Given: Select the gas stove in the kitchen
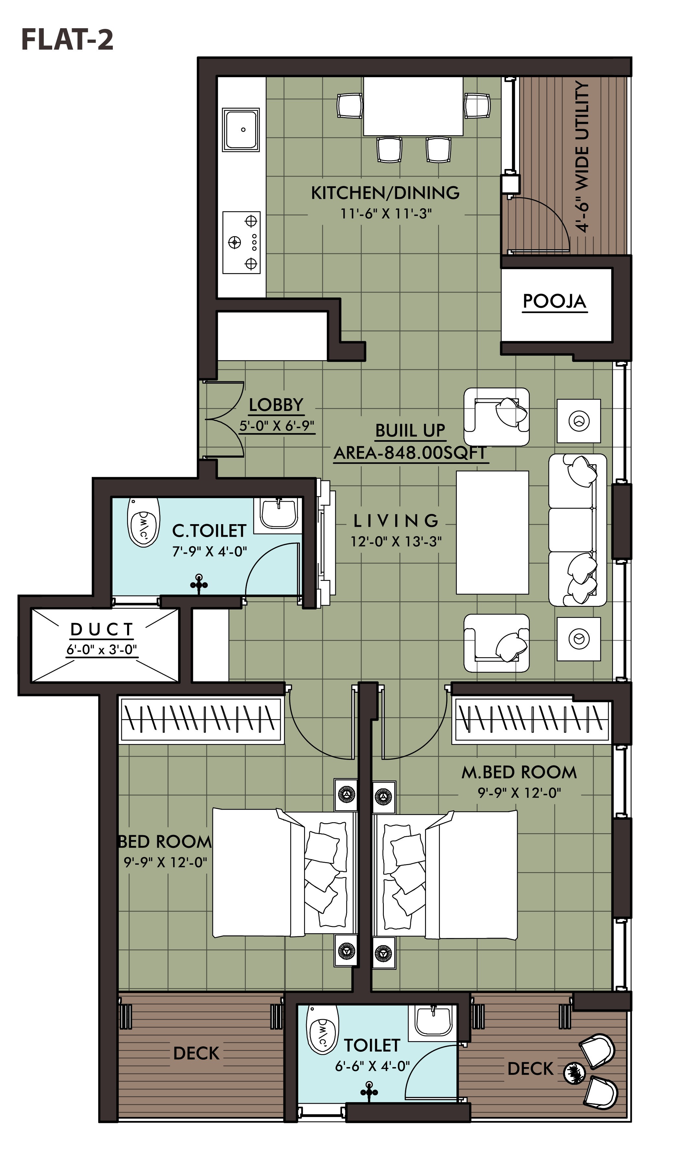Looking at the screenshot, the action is (241, 242).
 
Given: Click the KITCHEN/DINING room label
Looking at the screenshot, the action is (385, 193).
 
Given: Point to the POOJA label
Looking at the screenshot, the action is (554, 301).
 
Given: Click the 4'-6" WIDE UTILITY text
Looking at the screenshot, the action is (582, 157).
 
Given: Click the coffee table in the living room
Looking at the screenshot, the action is (492, 532).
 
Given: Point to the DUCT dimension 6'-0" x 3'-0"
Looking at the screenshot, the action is (102, 650).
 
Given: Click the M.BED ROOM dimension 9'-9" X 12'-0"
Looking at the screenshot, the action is (519, 793).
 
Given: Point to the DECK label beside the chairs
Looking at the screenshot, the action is (530, 1068).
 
